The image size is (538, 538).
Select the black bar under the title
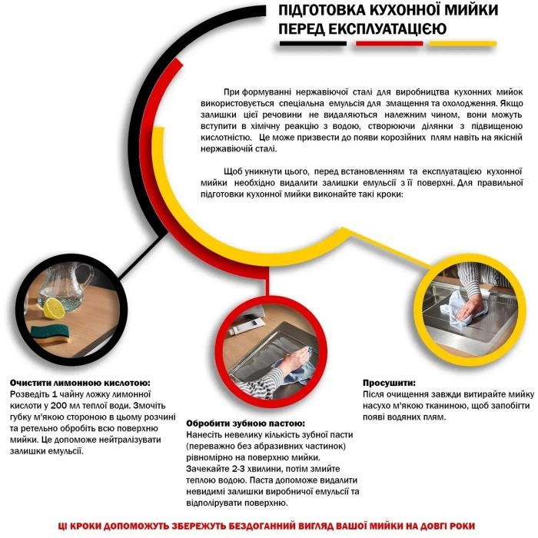point(312,44)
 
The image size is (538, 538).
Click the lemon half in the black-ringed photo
point(55,308)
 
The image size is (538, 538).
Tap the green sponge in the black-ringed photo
point(48,335)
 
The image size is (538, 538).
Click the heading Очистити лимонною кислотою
point(80,382)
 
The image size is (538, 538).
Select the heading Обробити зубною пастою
point(237,423)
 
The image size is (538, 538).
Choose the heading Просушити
point(389,382)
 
